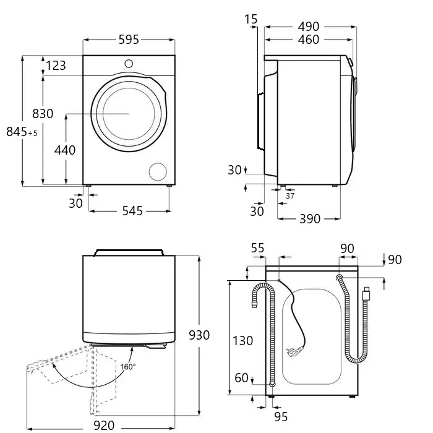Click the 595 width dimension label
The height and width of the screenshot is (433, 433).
pos(129,40)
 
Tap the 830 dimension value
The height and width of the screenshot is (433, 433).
pos(43,114)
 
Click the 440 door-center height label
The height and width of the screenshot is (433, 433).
pos(64,150)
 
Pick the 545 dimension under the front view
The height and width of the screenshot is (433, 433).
pos(131,211)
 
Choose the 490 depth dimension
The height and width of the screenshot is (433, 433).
pos(308,27)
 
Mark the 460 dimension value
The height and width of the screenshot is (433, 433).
pos(308,40)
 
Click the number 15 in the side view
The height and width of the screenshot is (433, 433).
pos(251,19)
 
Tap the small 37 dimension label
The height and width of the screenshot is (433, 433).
pos(290,196)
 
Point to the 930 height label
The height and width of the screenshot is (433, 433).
pos(199,335)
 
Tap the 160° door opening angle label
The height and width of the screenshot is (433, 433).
pos(129,367)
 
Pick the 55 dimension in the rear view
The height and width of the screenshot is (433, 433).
pos(257,248)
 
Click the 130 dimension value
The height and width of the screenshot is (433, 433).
pos(242,340)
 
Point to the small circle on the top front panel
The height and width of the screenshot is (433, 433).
pos(129,62)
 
